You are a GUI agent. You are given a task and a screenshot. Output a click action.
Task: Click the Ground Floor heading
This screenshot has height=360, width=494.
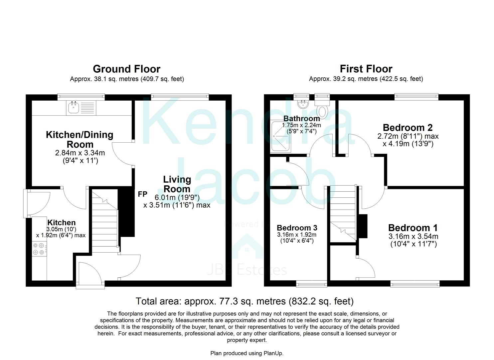point(126,69)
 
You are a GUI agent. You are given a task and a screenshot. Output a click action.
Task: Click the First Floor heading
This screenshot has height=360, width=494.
point(366,69)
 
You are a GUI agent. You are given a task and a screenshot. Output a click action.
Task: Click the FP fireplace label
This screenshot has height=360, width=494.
point(143,194)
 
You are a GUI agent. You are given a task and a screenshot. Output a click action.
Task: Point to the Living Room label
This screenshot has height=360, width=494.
point(177,184)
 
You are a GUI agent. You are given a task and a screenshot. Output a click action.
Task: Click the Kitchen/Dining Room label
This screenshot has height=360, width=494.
point(80,139)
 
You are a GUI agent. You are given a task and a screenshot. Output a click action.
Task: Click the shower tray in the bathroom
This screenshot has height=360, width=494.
point(280,137)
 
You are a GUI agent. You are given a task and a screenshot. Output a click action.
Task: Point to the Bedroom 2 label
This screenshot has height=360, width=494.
point(408,128)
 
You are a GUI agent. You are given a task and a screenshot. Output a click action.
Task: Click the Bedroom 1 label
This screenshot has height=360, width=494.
point(413,228)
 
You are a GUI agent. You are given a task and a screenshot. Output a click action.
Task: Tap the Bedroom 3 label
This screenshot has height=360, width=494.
point(297,228)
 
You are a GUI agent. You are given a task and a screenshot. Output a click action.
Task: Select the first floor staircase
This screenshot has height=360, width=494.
point(343,213)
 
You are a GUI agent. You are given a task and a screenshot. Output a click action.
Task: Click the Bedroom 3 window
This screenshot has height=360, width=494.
point(312,284)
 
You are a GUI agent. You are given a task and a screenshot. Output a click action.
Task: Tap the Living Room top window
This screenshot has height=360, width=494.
point(180,97)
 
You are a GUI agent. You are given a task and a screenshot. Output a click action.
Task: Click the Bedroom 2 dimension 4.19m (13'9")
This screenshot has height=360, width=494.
point(408,144)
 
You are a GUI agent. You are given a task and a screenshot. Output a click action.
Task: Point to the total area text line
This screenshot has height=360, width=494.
point(245,301)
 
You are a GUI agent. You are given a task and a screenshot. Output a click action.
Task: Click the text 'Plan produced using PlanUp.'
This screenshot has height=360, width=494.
point(247,353)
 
